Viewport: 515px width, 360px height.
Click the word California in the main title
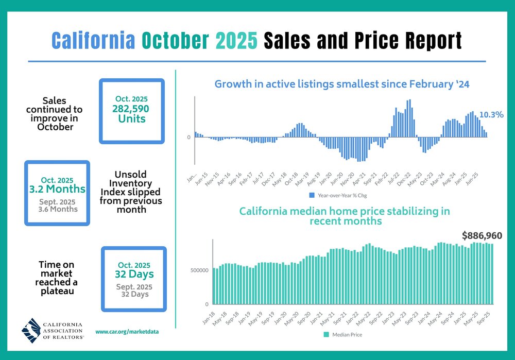pyautogui.click(x=93, y=41)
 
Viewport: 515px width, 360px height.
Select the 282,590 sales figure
pyautogui.click(x=132, y=109)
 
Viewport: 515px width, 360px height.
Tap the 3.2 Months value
pyautogui.click(x=57, y=189)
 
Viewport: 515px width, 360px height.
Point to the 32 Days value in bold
pyautogui.click(x=134, y=275)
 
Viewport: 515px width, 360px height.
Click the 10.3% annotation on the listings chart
pyautogui.click(x=491, y=115)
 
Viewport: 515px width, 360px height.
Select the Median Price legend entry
pyautogui.click(x=342, y=335)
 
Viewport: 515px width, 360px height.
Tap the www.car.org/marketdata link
pyautogui.click(x=127, y=332)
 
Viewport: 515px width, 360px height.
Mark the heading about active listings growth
pyautogui.click(x=341, y=84)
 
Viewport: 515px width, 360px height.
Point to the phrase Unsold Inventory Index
pyautogui.click(x=131, y=183)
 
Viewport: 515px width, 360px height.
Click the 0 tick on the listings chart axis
pyautogui.click(x=189, y=138)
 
